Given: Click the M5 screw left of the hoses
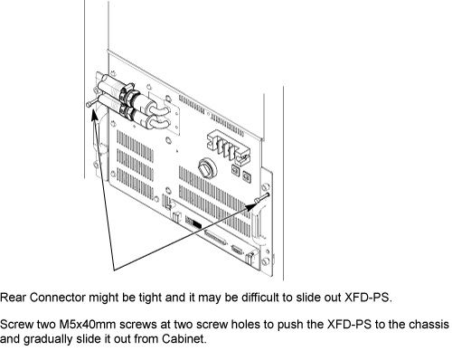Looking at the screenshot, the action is tap(91, 102).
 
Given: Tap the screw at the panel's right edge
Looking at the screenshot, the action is tap(261, 198).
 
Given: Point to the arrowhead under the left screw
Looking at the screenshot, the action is tap(95, 114).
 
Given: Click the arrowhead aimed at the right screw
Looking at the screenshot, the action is tap(250, 206).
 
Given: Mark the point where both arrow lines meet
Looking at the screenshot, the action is tap(114, 270).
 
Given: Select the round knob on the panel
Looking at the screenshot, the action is tap(207, 167).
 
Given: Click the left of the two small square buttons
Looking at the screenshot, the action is tap(236, 170).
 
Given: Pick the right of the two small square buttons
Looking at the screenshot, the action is tap(247, 176).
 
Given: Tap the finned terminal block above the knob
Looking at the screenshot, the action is tap(229, 147).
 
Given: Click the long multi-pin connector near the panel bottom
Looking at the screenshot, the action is tap(215, 237).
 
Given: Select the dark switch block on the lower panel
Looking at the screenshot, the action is tap(193, 223).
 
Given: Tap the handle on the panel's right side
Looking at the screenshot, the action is tap(259, 223).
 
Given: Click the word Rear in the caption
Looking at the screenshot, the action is tap(14, 298).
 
